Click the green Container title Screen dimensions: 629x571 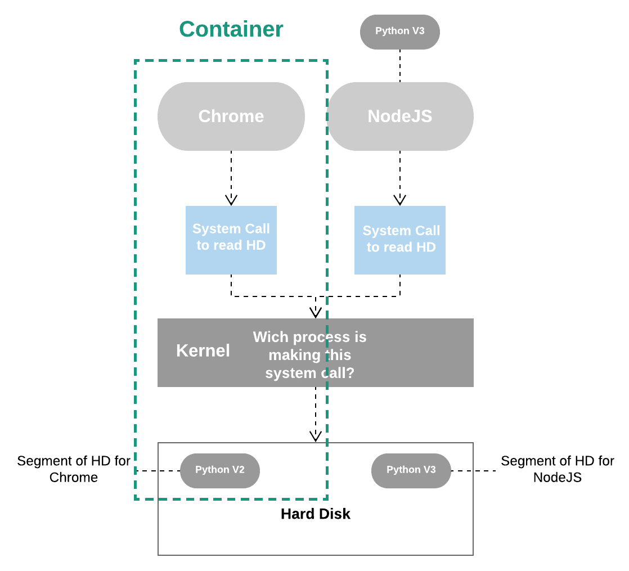pyautogui.click(x=231, y=29)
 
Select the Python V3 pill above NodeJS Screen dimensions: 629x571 pyautogui.click(x=400, y=32)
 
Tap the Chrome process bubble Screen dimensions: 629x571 pyautogui.click(x=231, y=116)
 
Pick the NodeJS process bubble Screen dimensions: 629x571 pyautogui.click(x=400, y=116)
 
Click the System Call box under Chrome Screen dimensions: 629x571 pyautogui.click(x=231, y=240)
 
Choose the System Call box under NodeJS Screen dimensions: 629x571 pyautogui.click(x=400, y=240)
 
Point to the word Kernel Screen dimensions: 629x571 pyautogui.click(x=203, y=351)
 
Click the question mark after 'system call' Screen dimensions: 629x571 pyautogui.click(x=351, y=374)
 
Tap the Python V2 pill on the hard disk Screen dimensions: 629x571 pyautogui.click(x=220, y=471)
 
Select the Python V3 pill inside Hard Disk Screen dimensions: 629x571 pyautogui.click(x=411, y=471)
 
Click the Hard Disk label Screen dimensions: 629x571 pyautogui.click(x=315, y=514)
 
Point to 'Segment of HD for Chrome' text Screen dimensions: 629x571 pyautogui.click(x=73, y=469)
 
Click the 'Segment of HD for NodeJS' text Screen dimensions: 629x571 pyautogui.click(x=557, y=469)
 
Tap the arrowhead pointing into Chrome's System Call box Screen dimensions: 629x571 pyautogui.click(x=231, y=200)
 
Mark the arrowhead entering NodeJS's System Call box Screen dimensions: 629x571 pyautogui.click(x=400, y=200)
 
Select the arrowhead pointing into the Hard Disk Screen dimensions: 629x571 pyautogui.click(x=316, y=437)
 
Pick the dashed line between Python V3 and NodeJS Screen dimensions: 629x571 pyautogui.click(x=400, y=66)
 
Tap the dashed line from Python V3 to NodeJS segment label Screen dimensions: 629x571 pyautogui.click(x=474, y=471)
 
